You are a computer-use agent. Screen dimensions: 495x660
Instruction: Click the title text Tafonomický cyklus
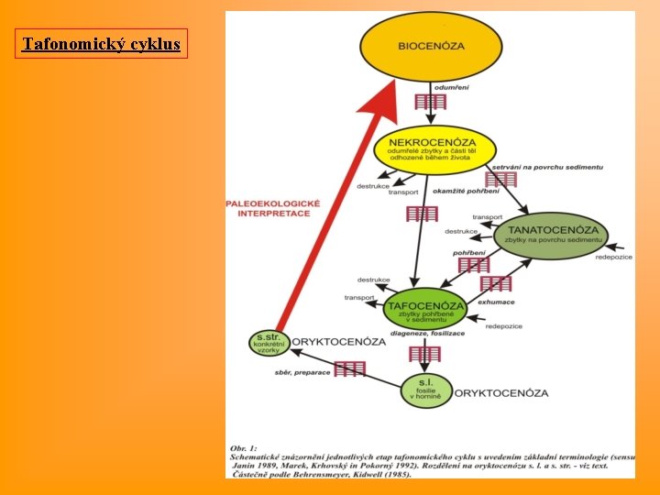pos(101,43)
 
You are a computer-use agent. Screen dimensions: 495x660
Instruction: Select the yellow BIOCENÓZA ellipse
pos(431,45)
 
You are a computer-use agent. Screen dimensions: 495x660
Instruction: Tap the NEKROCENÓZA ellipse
pos(434,149)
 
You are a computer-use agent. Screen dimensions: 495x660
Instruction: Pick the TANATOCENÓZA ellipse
pos(551,236)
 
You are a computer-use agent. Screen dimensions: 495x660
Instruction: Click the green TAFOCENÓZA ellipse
pos(423,310)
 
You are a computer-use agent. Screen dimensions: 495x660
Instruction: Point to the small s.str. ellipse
pos(269,343)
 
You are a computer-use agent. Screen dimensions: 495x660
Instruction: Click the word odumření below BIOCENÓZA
pos(452,87)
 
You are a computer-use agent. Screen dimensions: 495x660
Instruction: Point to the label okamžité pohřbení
pos(470,191)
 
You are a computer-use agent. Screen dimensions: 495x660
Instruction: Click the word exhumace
pos(496,302)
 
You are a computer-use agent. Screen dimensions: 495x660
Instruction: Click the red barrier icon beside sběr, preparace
pos(349,368)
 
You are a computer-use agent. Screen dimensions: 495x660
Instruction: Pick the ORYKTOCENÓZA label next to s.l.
pos(500,393)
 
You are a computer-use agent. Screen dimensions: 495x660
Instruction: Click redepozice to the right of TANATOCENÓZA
pos(614,258)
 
